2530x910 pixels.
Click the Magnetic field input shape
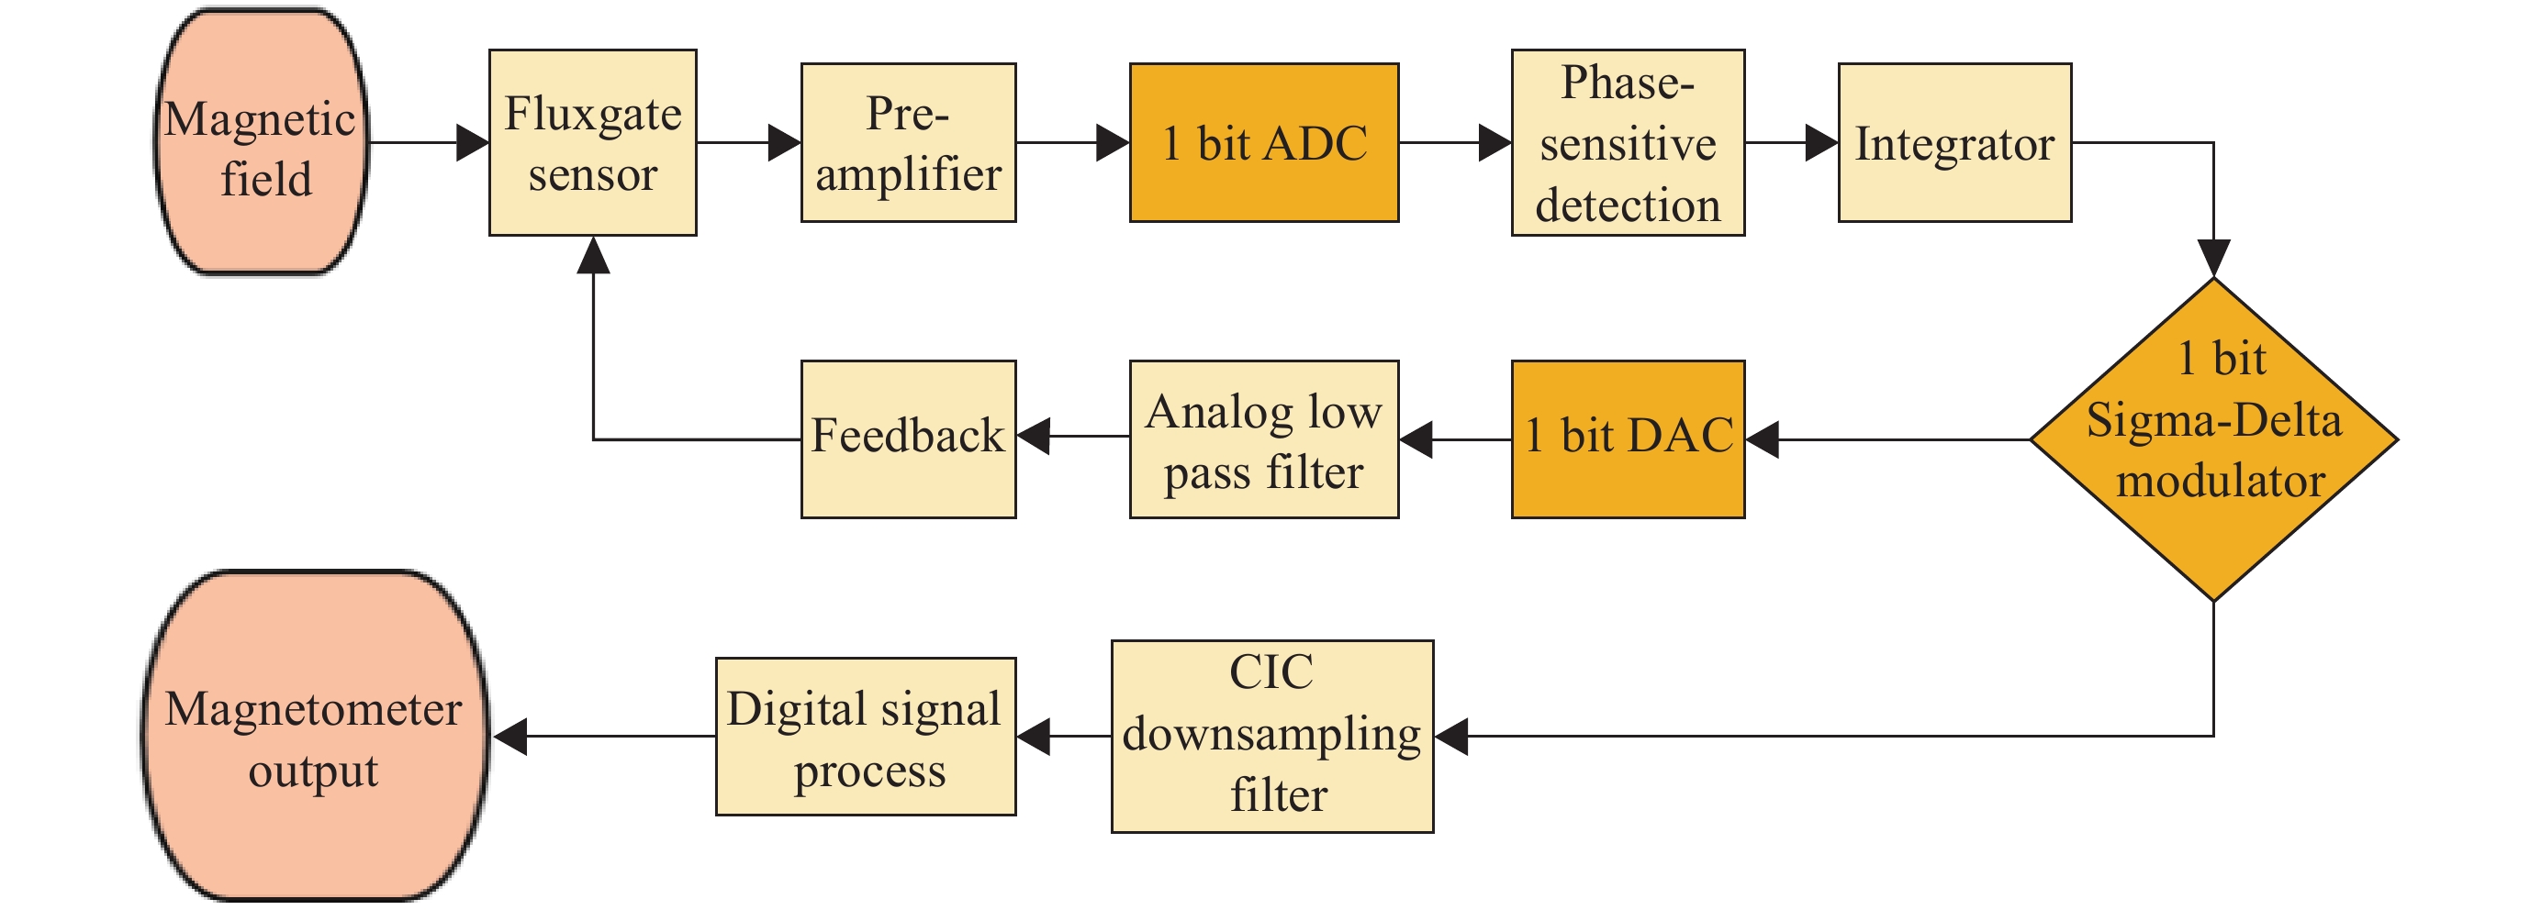(x=262, y=142)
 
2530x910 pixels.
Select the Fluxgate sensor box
(x=593, y=142)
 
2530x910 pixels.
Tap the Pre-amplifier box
(x=909, y=142)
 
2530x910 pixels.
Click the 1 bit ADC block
(x=1264, y=142)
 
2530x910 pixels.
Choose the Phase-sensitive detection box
(x=1629, y=142)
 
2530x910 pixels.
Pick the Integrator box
(x=1955, y=142)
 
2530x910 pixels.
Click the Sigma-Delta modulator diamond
(x=2214, y=438)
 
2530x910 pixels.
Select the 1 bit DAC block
(x=1629, y=438)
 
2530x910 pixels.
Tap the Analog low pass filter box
(x=1264, y=438)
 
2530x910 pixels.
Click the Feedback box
(x=909, y=438)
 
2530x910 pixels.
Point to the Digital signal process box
(x=866, y=737)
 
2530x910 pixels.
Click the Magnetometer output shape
(x=314, y=736)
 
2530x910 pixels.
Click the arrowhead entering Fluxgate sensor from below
(x=593, y=254)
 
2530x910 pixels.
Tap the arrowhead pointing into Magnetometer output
(x=509, y=737)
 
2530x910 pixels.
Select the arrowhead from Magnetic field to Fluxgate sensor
(x=473, y=142)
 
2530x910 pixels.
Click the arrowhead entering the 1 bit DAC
(x=1763, y=438)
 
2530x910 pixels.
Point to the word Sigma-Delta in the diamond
(x=2214, y=421)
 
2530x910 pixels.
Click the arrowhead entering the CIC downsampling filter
(x=1451, y=737)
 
